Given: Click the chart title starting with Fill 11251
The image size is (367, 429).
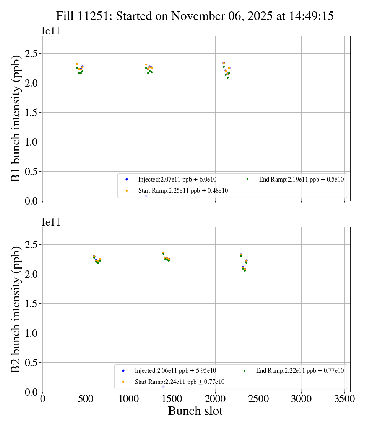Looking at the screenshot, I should point(195,16).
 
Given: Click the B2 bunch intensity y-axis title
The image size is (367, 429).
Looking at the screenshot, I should point(16,309).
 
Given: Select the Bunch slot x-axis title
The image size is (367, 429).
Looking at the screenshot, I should point(195,411).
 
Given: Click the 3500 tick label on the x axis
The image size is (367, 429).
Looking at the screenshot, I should point(344,399).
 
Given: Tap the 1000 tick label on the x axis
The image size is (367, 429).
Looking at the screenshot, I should point(129,399).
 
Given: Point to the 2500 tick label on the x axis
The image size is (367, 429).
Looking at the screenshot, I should point(258,399).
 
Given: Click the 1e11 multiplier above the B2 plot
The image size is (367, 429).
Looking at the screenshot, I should point(50,223).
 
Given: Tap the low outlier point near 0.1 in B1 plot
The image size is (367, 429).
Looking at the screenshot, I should point(146,196).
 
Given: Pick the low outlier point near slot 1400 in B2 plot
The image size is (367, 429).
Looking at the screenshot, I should point(163,386).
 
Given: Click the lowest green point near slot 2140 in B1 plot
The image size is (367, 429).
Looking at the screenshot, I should point(227,77).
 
